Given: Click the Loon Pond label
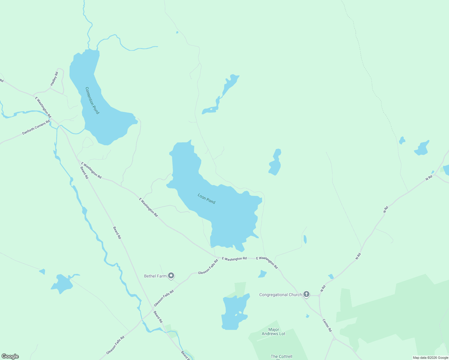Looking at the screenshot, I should [206, 199].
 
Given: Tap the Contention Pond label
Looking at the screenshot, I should [92, 100].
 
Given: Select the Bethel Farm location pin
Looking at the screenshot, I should [171, 275].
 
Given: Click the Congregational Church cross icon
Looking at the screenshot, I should [306, 294].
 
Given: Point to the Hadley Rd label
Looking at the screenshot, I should [54, 79].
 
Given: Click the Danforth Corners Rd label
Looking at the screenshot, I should [36, 127].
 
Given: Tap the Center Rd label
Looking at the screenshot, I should [327, 325].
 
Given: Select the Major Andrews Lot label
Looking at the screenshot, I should [273, 331].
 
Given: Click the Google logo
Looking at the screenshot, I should [10, 356].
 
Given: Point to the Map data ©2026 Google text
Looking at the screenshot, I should [430, 358].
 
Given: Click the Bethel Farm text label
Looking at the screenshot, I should [155, 276].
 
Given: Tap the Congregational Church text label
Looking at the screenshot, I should [280, 295].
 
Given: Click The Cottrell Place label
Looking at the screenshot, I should [281, 357].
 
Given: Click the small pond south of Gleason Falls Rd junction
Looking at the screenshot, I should [262, 274].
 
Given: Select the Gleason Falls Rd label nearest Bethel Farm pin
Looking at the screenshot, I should [208, 267].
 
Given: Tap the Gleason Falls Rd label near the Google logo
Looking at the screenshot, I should [115, 345].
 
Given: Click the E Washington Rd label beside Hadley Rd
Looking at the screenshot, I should [43, 107].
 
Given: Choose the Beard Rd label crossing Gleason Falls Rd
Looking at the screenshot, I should [158, 317].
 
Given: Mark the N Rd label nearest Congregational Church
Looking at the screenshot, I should [323, 289].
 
